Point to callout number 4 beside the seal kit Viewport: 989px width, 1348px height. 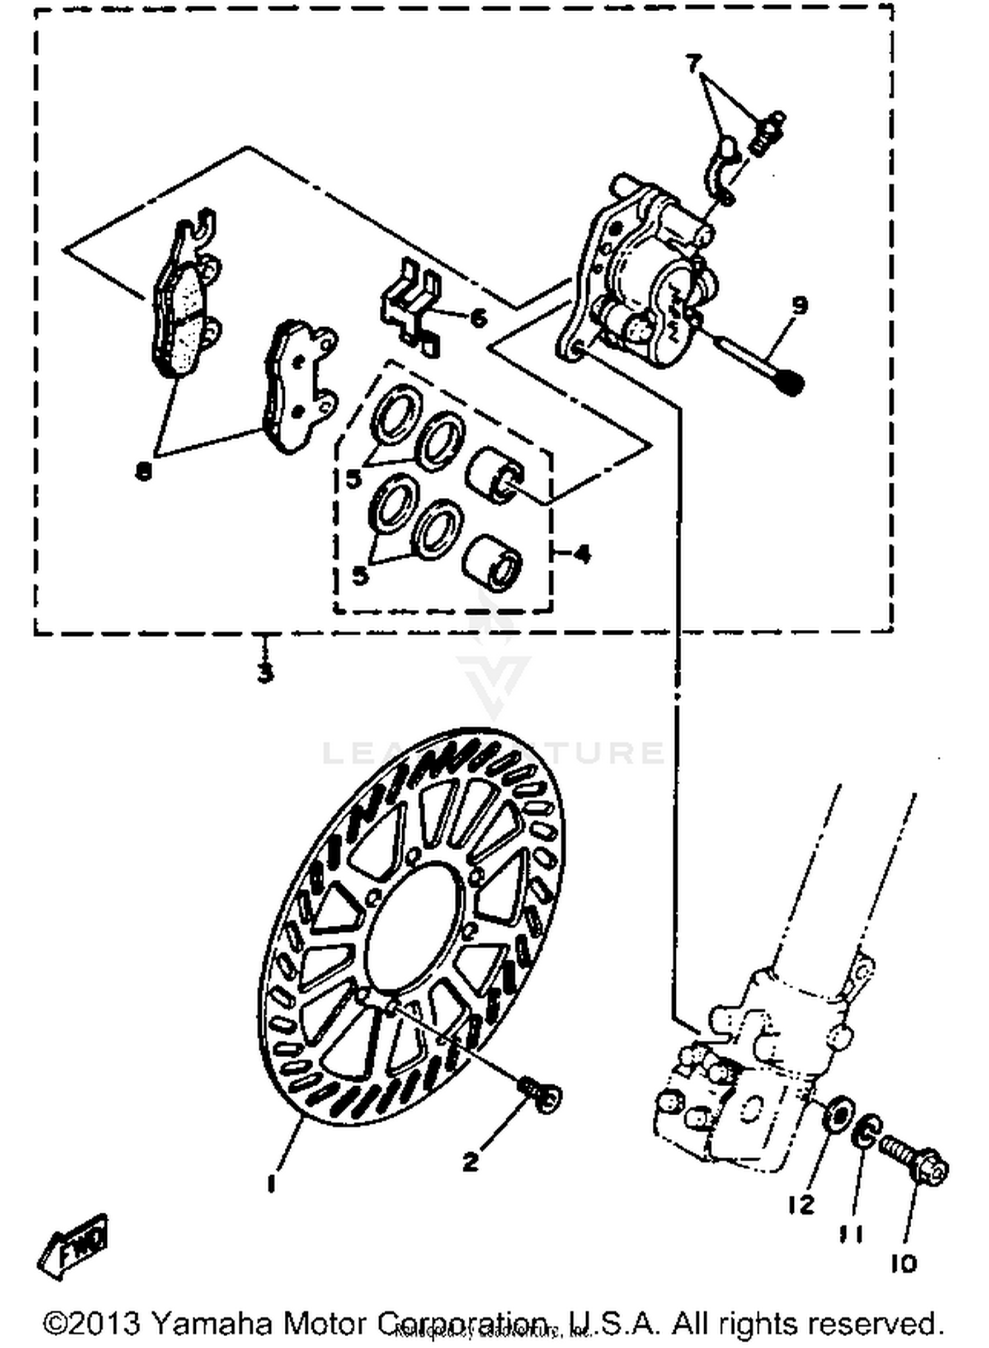[582, 554]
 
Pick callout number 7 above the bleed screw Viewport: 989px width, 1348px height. [692, 64]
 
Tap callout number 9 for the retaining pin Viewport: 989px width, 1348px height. [799, 305]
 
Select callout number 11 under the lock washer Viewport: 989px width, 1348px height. [851, 1233]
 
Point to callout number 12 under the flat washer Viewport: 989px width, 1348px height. [801, 1205]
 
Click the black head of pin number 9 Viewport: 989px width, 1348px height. [790, 382]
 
